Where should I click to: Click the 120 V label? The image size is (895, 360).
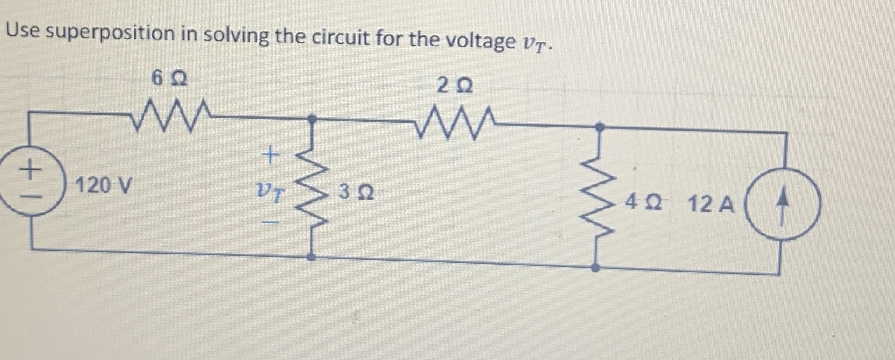point(103,185)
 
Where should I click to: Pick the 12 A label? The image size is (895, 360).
point(711,204)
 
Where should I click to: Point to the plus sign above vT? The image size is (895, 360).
point(271,155)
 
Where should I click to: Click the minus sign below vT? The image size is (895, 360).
point(271,223)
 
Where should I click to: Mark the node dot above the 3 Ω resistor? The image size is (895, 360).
point(311,118)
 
